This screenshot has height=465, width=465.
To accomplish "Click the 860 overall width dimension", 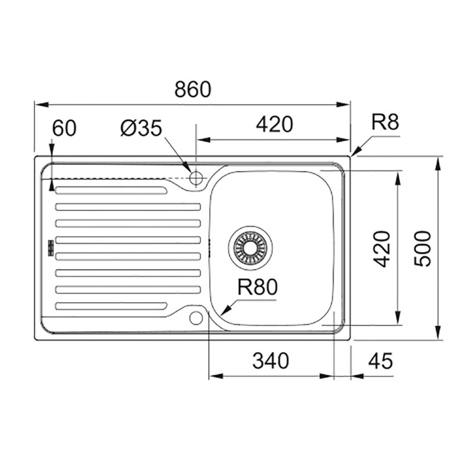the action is coord(193,90).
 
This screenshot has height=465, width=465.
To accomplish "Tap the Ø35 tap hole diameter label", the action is coord(141,128).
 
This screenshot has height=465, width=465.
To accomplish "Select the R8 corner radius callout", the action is coord(385,122).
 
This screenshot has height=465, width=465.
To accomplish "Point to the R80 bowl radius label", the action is coord(257,287).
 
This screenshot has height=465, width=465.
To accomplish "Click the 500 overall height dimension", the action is coord(423,249).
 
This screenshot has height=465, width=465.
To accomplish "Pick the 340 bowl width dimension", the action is coord(270,360).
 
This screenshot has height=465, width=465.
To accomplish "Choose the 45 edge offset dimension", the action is coord(381,361).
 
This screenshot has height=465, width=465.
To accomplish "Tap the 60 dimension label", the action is coord(64,128).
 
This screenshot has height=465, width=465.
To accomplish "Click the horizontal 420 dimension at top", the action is coord(274,124).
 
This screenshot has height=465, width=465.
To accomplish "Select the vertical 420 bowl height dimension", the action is coord(381,249).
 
